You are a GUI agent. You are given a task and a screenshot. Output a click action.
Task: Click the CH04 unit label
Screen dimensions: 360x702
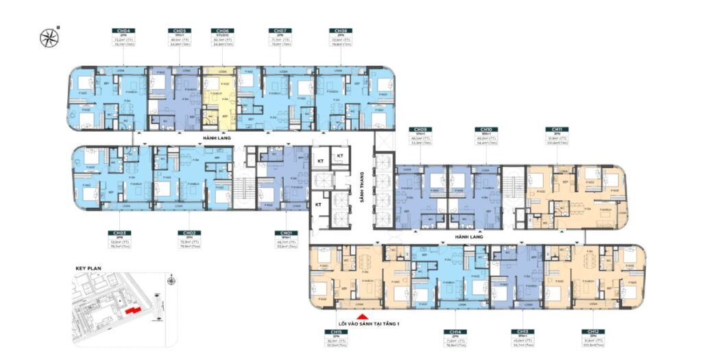click(x=124, y=31)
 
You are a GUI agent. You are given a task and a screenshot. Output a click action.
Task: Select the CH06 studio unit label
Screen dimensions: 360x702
click(x=222, y=31)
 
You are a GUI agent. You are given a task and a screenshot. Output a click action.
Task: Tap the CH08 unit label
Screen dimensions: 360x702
click(x=339, y=31)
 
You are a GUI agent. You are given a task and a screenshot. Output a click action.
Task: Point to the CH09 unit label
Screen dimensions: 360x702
click(x=416, y=129)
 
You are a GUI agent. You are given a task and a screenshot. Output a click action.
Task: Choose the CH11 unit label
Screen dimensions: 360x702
click(x=554, y=129)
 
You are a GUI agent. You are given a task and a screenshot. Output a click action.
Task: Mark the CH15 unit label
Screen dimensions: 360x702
click(x=336, y=331)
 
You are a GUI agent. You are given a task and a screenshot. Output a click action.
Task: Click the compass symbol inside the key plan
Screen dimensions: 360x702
click(x=171, y=280)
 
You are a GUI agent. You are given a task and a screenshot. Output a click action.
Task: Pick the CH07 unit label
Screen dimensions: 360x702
click(x=279, y=31)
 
